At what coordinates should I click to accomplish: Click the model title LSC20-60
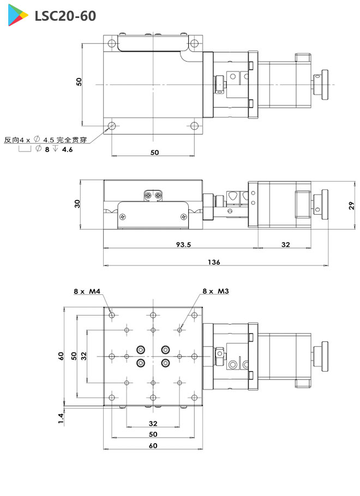(64, 16)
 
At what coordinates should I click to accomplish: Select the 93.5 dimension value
(183, 245)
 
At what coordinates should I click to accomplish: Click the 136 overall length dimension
(214, 262)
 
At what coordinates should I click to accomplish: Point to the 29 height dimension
(352, 205)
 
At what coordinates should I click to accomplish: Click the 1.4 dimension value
(61, 418)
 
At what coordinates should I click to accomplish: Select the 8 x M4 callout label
(87, 292)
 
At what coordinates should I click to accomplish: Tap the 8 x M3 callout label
(215, 292)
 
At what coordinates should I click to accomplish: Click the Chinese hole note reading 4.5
(46, 140)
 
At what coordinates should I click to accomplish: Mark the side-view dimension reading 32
(285, 245)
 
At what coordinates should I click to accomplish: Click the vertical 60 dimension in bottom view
(61, 356)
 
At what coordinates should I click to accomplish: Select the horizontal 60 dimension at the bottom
(153, 445)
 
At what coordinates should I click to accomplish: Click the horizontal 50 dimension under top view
(154, 153)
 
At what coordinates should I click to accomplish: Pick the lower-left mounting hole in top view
(112, 126)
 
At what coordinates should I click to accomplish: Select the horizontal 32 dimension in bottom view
(153, 423)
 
